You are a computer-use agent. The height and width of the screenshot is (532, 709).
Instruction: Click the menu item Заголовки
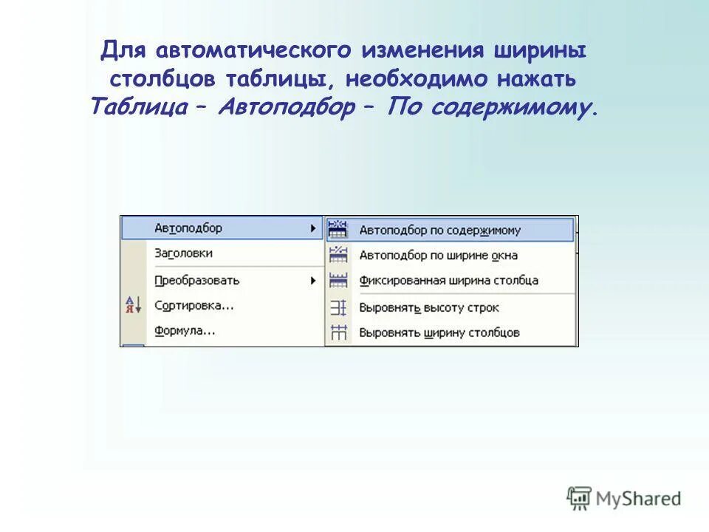click(x=184, y=253)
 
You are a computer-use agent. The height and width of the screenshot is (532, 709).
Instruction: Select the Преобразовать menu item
click(x=197, y=280)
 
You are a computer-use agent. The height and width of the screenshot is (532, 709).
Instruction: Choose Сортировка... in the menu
click(x=194, y=305)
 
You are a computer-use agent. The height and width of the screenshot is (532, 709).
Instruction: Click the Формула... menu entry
click(x=185, y=330)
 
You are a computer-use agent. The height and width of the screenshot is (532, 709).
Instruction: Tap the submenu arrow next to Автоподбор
click(x=313, y=228)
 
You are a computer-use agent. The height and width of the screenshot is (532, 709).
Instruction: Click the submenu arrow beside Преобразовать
click(x=313, y=281)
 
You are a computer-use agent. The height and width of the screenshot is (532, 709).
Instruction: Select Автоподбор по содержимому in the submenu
click(x=439, y=230)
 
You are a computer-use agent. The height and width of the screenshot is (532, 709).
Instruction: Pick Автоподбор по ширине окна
click(x=438, y=256)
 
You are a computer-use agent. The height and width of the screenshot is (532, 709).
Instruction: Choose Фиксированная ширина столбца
click(x=448, y=281)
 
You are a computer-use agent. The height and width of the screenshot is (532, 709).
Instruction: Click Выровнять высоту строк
click(x=429, y=307)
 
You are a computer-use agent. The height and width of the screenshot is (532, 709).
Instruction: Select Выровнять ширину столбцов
click(x=439, y=332)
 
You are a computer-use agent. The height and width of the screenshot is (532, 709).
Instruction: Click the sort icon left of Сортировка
click(x=133, y=304)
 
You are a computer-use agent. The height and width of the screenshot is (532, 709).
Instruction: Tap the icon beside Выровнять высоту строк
click(x=338, y=307)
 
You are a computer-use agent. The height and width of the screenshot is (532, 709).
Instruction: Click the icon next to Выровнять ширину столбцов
click(x=338, y=332)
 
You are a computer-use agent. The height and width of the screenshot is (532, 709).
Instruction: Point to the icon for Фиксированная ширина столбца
click(x=338, y=281)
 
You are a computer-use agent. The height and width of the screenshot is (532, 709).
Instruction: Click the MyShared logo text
click(x=640, y=499)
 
